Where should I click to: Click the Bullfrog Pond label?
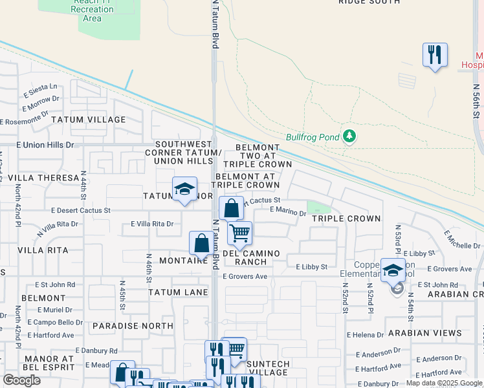click(313, 137)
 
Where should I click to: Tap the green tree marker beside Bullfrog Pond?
click(349, 136)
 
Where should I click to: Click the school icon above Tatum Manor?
click(184, 189)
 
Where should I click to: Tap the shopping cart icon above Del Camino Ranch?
click(239, 233)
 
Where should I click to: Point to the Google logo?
click(21, 380)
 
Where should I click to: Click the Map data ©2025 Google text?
click(443, 383)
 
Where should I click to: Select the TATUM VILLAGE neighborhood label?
click(89, 120)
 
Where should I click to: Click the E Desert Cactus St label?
click(81, 210)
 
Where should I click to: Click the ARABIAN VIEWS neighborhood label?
click(424, 334)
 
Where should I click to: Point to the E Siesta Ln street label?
click(41, 86)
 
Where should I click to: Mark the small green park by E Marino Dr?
click(318, 207)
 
